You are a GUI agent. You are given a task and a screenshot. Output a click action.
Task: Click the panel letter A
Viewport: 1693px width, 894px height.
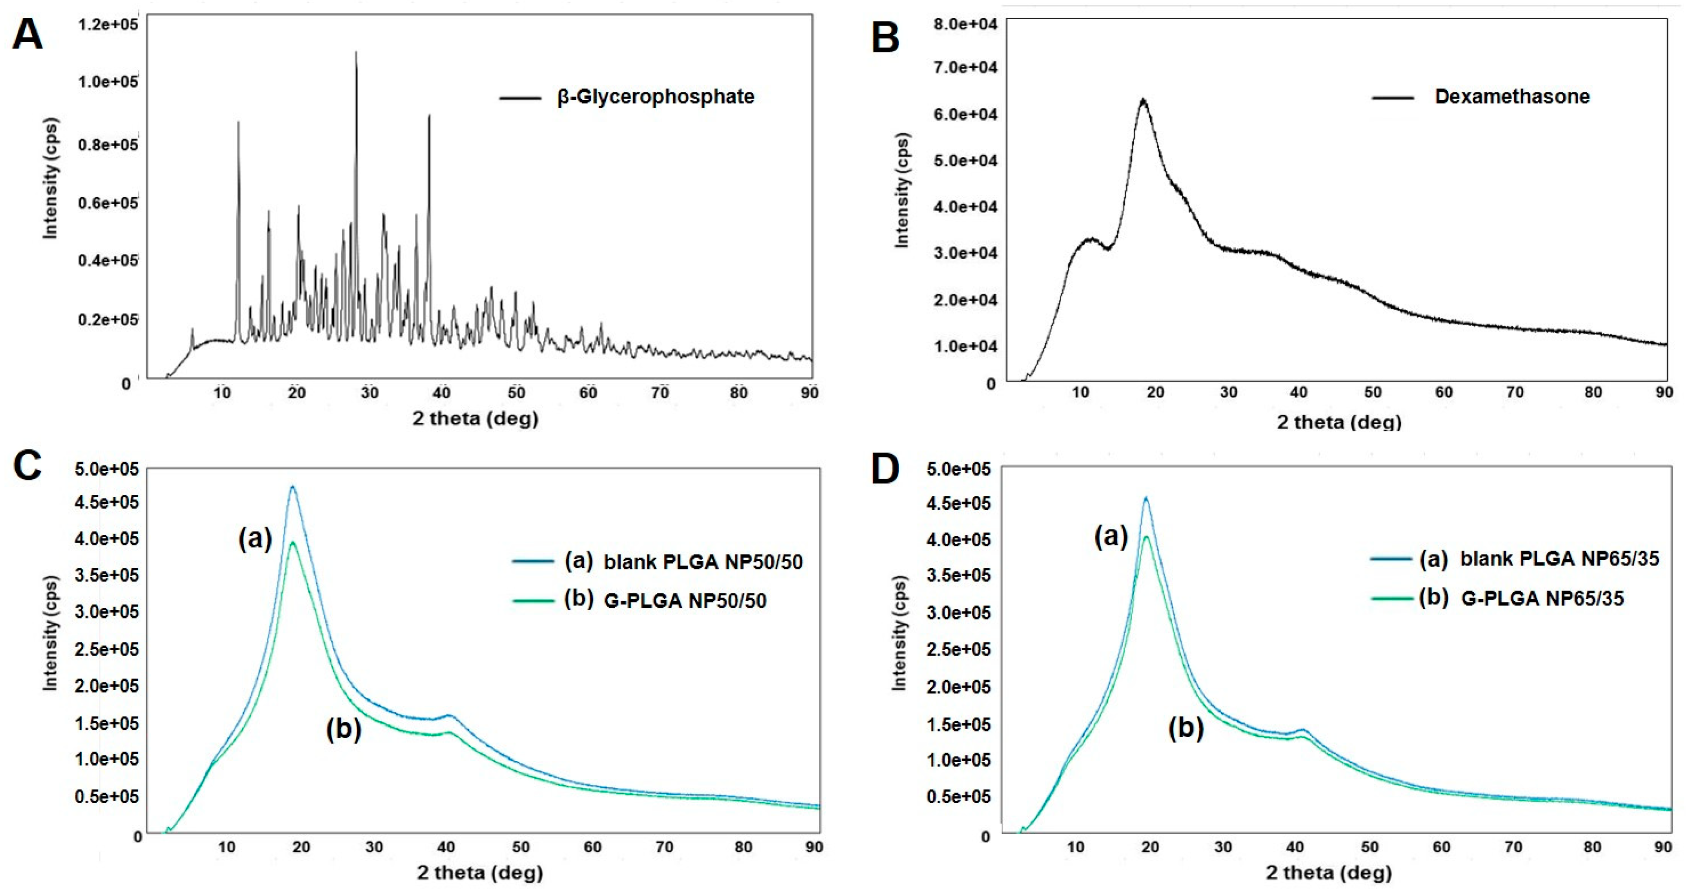pyautogui.click(x=27, y=34)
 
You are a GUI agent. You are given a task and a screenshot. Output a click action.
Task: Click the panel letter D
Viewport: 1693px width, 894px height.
pyautogui.click(x=885, y=469)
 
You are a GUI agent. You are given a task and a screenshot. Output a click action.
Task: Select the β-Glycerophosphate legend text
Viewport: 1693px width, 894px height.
pyautogui.click(x=655, y=97)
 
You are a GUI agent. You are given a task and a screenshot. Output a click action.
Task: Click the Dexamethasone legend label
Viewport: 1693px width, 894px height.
pyautogui.click(x=1512, y=97)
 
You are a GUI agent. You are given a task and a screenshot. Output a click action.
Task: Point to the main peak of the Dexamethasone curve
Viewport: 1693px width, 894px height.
pyautogui.click(x=1143, y=101)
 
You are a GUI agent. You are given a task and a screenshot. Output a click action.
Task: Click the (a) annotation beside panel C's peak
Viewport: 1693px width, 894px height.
pyautogui.click(x=255, y=539)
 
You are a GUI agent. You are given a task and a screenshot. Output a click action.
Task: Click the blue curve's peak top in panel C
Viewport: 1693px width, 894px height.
pyautogui.click(x=293, y=487)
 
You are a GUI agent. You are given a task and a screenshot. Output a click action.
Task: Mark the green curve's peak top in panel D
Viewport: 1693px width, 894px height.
pyautogui.click(x=1146, y=537)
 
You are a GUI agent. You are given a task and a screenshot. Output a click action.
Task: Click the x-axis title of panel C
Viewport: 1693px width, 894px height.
pyautogui.click(x=480, y=872)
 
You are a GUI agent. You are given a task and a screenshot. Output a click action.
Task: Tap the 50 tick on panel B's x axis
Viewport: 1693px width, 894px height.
pyautogui.click(x=1372, y=392)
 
